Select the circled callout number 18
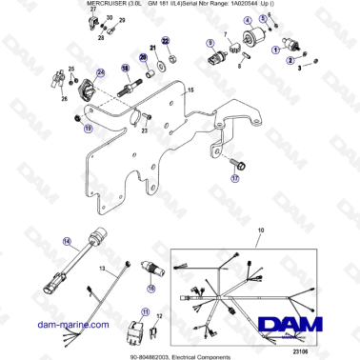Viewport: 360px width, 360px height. (x=124, y=69)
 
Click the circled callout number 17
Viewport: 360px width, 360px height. (x=209, y=178)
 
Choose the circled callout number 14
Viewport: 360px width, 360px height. (x=40, y=242)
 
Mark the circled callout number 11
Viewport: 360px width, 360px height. (x=146, y=310)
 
